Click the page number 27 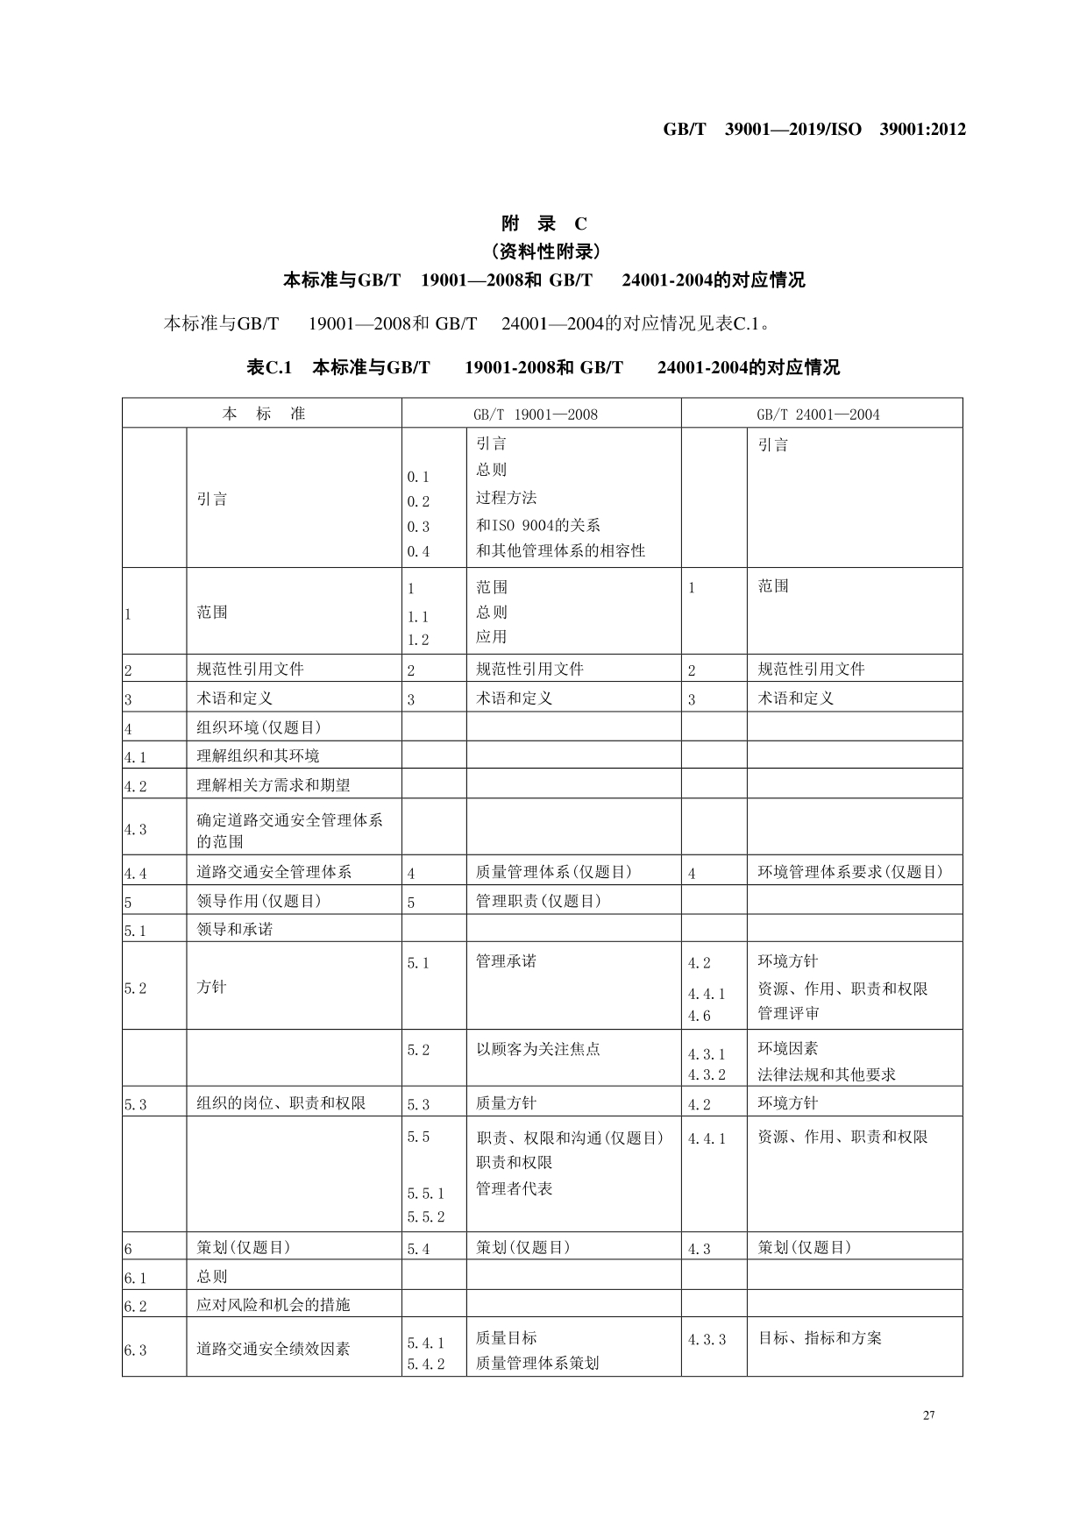(x=929, y=1415)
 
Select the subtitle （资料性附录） (x=543, y=252)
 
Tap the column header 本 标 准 (x=263, y=414)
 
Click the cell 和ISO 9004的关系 (x=537, y=525)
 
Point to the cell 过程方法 (x=506, y=498)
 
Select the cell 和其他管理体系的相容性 (x=560, y=550)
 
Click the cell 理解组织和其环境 (x=258, y=755)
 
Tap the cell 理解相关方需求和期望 (x=273, y=785)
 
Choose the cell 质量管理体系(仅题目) (x=553, y=872)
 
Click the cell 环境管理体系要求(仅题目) (x=849, y=872)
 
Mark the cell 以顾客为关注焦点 (x=537, y=1049)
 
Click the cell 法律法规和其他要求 (x=826, y=1074)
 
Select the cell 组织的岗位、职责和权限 (x=281, y=1102)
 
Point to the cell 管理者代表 (x=514, y=1188)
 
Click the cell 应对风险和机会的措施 (x=273, y=1304)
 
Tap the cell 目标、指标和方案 (x=819, y=1338)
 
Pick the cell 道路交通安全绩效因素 (x=273, y=1349)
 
